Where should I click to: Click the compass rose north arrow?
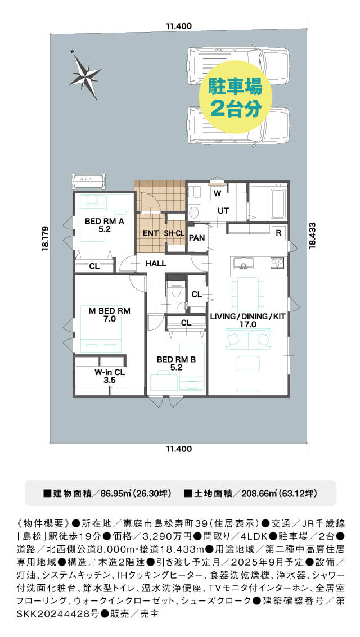[x=85, y=74]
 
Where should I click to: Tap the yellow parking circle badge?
[x=235, y=97]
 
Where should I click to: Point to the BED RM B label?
[x=176, y=363]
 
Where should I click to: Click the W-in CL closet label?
[x=110, y=376]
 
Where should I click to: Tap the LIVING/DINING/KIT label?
[x=247, y=320]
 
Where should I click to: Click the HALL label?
[x=156, y=264]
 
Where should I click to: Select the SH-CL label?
[x=175, y=233]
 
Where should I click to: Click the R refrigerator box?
[x=279, y=233]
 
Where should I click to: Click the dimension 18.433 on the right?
[x=312, y=235]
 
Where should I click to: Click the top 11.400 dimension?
[x=179, y=26]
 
